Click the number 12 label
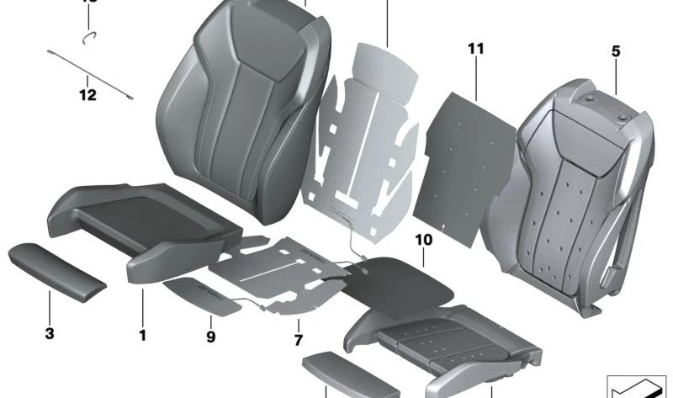88,95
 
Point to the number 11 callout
476,49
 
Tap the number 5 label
616,51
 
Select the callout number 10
423,240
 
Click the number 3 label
50,334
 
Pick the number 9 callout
210,337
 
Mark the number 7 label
298,339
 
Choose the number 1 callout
143,335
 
